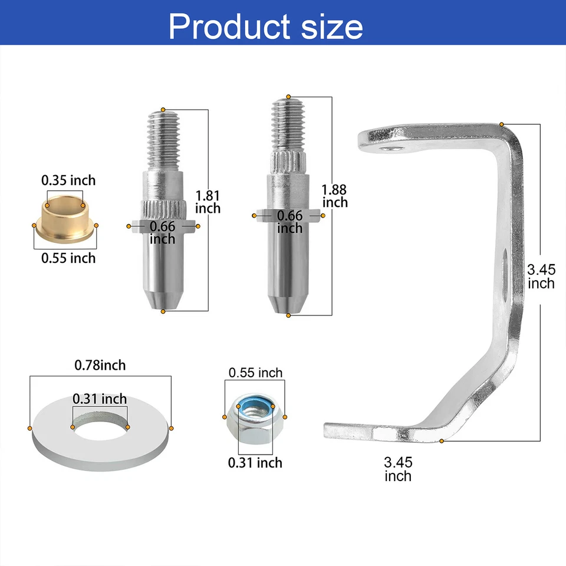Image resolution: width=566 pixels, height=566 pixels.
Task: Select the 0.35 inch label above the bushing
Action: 68,180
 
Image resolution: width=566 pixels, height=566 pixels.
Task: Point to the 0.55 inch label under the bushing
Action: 68,258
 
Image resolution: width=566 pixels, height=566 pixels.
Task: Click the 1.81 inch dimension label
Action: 208,201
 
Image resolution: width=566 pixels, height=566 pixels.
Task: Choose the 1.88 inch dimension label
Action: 334,196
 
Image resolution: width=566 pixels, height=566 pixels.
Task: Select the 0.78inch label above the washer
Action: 100,366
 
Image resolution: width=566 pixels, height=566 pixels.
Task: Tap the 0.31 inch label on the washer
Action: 100,399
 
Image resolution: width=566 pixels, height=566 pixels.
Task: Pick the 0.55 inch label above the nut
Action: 255,373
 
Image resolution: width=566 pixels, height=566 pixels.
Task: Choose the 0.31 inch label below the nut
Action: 255,463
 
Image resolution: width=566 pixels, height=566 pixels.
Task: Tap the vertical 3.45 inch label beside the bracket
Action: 541,277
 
